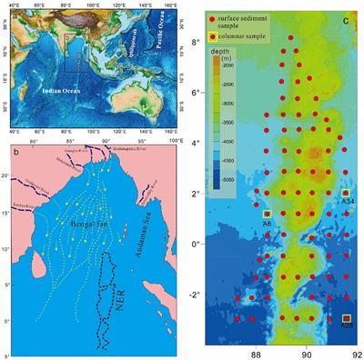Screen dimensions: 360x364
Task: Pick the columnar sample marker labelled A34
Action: (345, 194)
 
